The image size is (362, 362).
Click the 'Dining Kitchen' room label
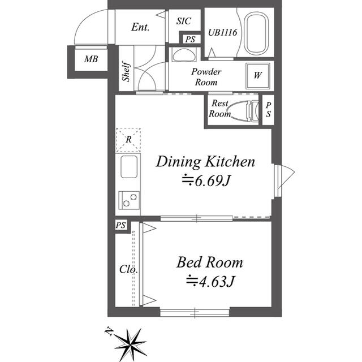click(205, 162)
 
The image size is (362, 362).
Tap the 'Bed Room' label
click(209, 262)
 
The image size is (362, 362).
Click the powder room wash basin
click(183, 55)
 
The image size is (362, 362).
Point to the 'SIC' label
click(183, 21)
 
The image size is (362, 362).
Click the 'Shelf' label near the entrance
click(126, 73)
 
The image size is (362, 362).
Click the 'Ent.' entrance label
click(140, 27)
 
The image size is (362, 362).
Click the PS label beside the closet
click(120, 225)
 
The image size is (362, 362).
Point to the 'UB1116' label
click(225, 32)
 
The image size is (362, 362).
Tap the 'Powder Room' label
click(206, 76)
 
